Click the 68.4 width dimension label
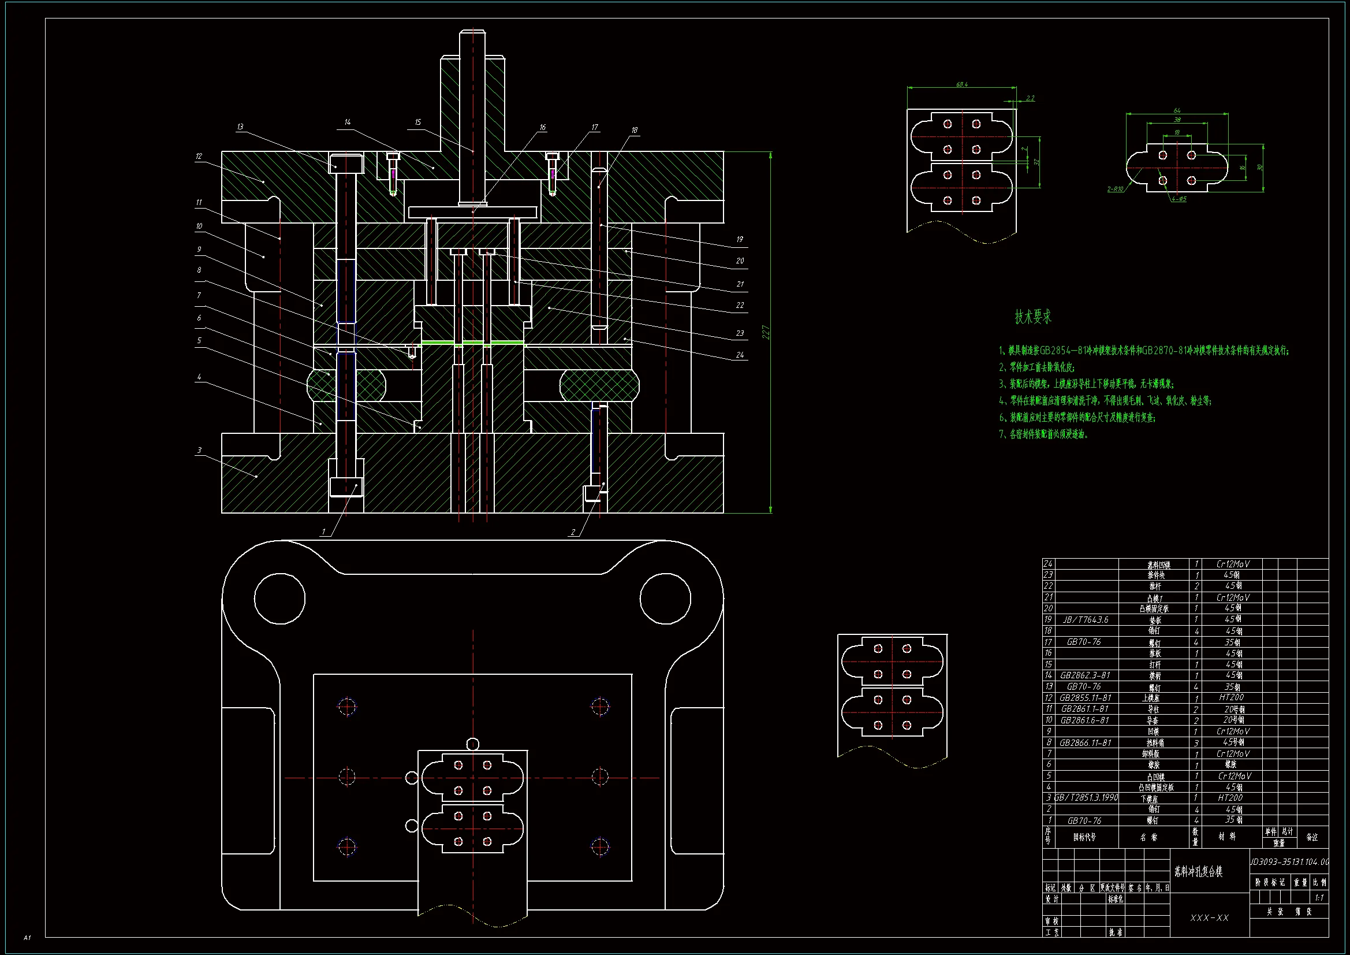pos(961,85)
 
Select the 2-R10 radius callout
pos(1115,189)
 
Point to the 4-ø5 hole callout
pos(1179,199)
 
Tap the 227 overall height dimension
pos(766,332)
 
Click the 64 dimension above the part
pos(1177,110)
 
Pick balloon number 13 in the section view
pos(240,127)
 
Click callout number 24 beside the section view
pos(740,355)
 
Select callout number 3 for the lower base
pos(199,451)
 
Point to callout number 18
pos(635,131)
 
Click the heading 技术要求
pos(1032,317)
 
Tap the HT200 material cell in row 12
pos(1230,697)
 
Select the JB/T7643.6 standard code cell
pos(1085,619)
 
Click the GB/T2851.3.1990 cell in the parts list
pos(1086,798)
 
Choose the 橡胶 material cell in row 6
pos(1230,764)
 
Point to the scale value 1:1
pos(1319,898)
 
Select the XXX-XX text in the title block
pos(1209,918)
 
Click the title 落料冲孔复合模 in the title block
pos(1198,872)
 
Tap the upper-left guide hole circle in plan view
pos(280,599)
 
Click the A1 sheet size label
pos(27,937)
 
